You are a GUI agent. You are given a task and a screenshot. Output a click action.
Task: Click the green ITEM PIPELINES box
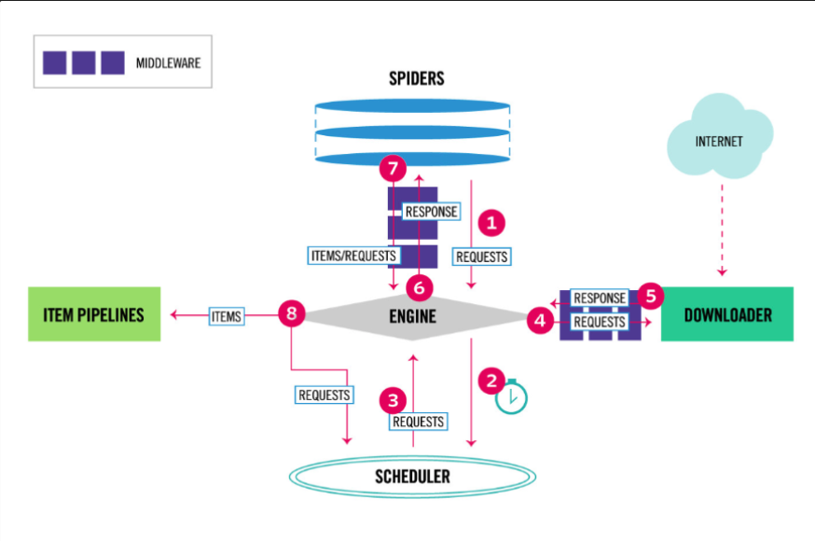[94, 314]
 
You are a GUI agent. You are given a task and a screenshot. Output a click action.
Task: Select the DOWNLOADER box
[727, 314]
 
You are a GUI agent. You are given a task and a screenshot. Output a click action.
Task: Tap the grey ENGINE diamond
[413, 317]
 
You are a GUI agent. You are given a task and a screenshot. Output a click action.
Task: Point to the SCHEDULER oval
[412, 477]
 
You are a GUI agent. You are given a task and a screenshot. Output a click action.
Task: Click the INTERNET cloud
[719, 142]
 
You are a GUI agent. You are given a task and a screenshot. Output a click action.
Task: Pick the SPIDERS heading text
[416, 78]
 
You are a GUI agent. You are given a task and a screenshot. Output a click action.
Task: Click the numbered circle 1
[490, 223]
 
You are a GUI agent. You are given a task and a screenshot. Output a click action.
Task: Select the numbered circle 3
[394, 400]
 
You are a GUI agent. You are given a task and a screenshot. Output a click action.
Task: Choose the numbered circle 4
[538, 320]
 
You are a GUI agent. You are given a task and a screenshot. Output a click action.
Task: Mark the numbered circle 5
[651, 296]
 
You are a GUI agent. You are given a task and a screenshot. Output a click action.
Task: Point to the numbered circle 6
[420, 287]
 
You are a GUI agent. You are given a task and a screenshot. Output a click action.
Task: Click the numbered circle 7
[393, 170]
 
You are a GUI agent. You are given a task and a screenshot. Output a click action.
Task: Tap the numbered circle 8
[292, 314]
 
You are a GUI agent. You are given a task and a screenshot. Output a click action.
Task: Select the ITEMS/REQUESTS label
[353, 255]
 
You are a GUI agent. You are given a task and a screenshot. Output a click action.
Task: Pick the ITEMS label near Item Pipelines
[227, 317]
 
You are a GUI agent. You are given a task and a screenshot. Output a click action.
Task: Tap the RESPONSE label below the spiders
[431, 212]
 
